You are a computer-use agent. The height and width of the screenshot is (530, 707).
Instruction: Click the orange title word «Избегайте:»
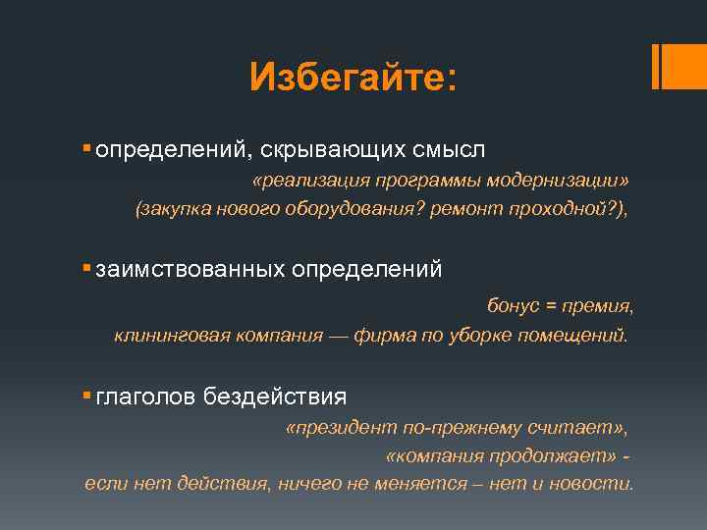pyautogui.click(x=353, y=76)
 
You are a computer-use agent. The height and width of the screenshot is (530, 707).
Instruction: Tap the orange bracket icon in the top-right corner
pyautogui.click(x=662, y=66)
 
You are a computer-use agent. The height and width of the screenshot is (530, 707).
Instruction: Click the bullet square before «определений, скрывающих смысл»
pyautogui.click(x=87, y=147)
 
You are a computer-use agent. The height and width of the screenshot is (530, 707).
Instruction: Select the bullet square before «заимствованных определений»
pyautogui.click(x=87, y=267)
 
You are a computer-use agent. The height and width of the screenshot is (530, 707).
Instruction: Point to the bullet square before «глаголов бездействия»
pyautogui.click(x=87, y=395)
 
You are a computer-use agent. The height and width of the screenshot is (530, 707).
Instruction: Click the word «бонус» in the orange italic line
pyautogui.click(x=513, y=307)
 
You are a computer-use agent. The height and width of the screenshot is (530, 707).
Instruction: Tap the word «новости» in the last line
pyautogui.click(x=598, y=484)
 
